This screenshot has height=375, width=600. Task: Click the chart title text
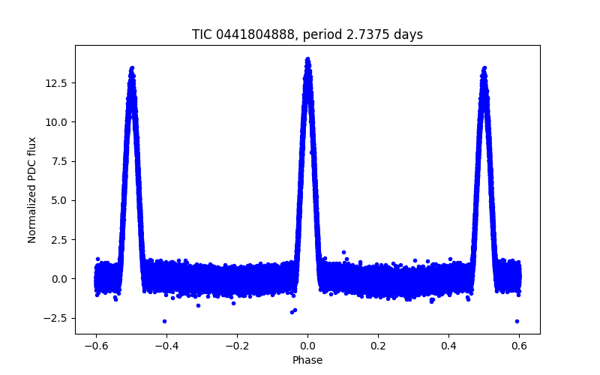pyautogui.click(x=307, y=34)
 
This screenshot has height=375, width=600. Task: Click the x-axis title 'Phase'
pyautogui.click(x=307, y=360)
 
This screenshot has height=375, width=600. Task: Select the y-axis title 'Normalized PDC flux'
pyautogui.click(x=32, y=189)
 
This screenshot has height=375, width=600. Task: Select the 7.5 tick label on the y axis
pyautogui.click(x=58, y=161)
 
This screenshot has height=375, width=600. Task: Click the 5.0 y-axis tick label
pyautogui.click(x=58, y=200)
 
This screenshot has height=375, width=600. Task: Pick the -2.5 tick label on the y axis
pyautogui.click(x=55, y=318)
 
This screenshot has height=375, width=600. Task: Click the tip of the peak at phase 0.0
pyautogui.click(x=307, y=58)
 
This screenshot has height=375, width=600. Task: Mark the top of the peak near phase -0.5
pyautogui.click(x=132, y=67)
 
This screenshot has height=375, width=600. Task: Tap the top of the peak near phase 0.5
pyautogui.click(x=484, y=67)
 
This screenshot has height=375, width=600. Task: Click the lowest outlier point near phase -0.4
pyautogui.click(x=164, y=321)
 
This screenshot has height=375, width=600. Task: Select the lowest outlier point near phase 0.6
pyautogui.click(x=517, y=321)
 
